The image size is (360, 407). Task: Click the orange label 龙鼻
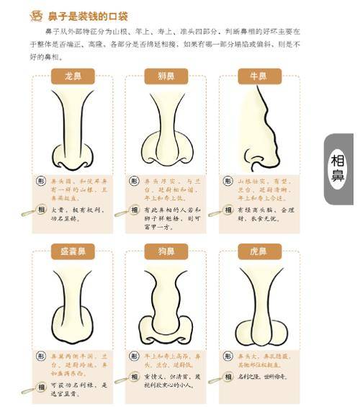(73, 76)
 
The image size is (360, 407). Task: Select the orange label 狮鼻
(166, 76)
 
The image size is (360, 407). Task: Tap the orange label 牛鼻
(260, 76)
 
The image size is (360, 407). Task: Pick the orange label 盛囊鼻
(73, 252)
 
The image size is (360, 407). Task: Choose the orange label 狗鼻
(166, 252)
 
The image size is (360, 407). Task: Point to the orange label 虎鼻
(260, 252)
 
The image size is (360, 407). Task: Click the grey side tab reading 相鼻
(338, 169)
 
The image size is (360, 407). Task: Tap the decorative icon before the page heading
(34, 14)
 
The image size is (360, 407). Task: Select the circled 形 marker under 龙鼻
(42, 181)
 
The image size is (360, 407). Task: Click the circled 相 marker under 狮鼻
(135, 210)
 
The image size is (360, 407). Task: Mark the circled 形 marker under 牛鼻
(228, 181)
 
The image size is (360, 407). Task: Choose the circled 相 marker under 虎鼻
(228, 377)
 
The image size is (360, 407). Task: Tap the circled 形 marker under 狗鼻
(135, 356)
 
